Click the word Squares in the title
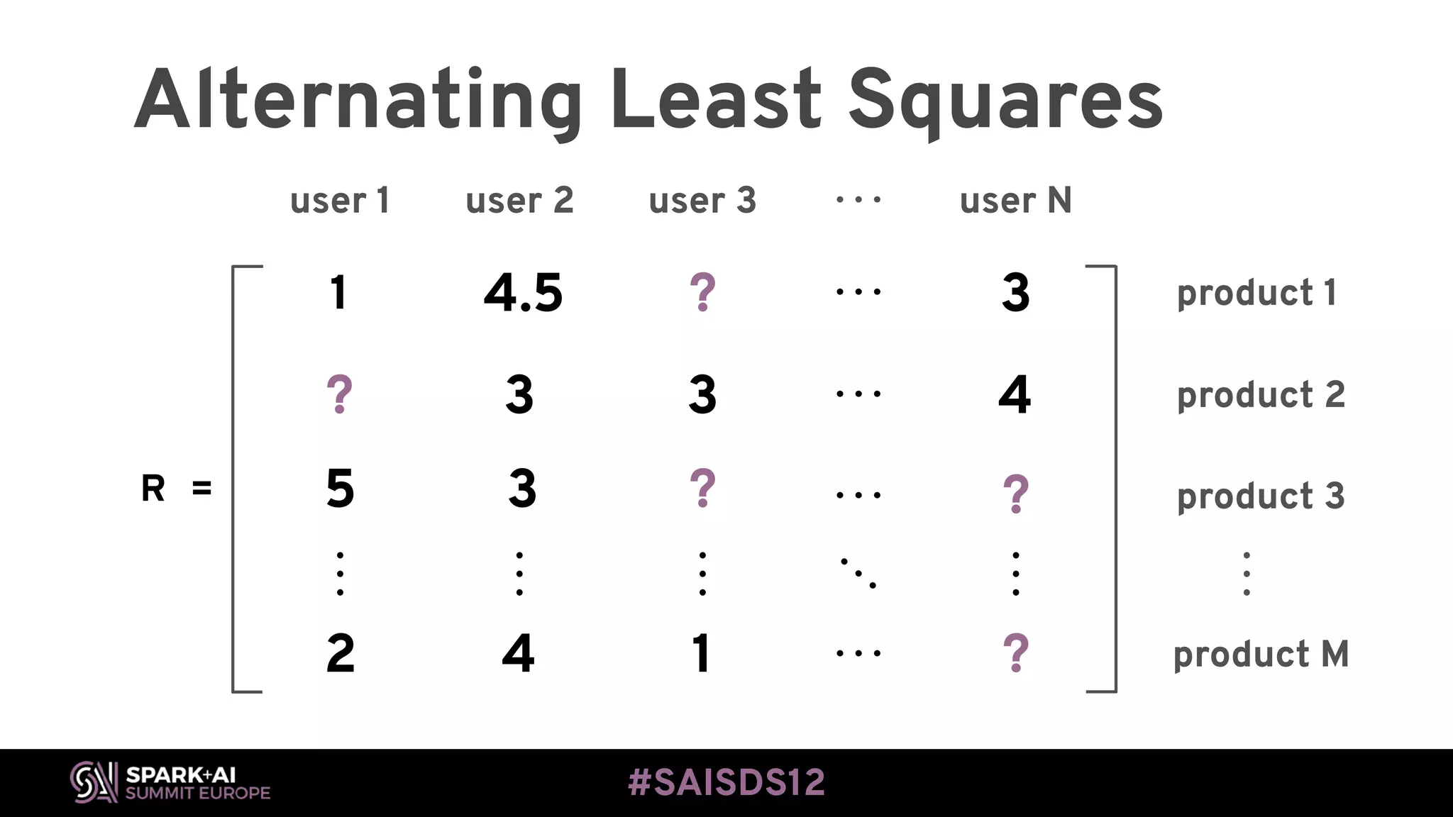point(1005,101)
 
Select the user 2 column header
point(519,201)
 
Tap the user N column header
point(1015,201)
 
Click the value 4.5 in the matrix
point(523,293)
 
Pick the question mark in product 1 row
point(702,292)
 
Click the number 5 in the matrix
point(340,489)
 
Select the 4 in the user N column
point(1015,394)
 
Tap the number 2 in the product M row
point(341,653)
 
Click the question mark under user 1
point(339,394)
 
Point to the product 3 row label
point(1260,496)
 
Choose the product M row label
point(1260,654)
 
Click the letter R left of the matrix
point(153,489)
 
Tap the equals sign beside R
point(201,489)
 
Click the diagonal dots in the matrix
point(858,573)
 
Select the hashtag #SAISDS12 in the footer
point(726,783)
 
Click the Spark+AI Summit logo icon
point(94,782)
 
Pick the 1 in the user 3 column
point(702,653)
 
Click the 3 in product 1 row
point(1015,293)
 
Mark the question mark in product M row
point(1015,653)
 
